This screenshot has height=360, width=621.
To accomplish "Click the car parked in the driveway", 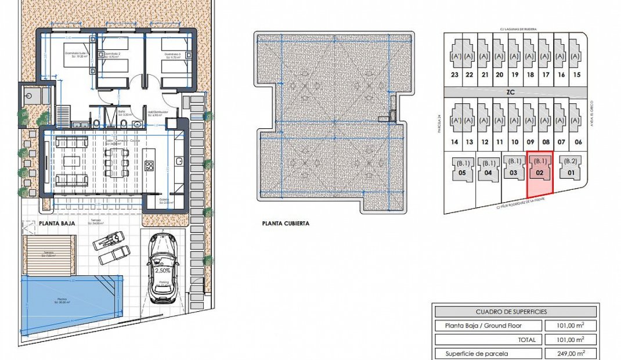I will click(x=164, y=268).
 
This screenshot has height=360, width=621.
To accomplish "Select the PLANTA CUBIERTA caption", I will click(x=286, y=223).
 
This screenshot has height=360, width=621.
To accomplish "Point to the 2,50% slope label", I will click(x=162, y=271).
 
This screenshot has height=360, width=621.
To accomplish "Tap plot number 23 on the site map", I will click(x=454, y=75).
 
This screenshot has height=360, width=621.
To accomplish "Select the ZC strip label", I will click(x=511, y=92).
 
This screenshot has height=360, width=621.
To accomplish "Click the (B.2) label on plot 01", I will click(x=571, y=161).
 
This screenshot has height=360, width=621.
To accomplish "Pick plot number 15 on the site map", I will click(x=576, y=75).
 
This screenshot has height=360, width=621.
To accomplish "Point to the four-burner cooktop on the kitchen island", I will click(x=149, y=165).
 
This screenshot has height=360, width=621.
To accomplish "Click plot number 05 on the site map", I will click(x=463, y=173).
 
